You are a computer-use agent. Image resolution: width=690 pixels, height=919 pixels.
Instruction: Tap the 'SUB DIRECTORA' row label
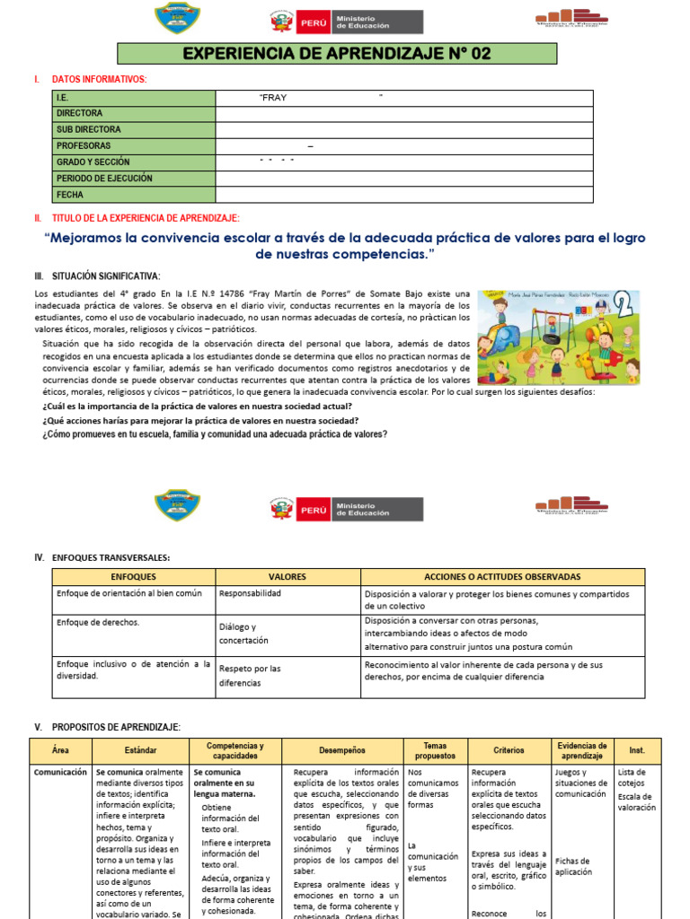[x=88, y=130]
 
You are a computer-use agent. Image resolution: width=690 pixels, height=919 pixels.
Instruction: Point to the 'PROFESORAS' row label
[x=84, y=146]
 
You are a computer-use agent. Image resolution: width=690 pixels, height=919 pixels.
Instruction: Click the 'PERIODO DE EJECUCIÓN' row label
[x=104, y=179]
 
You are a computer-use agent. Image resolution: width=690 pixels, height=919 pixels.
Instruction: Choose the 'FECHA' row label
[x=70, y=195]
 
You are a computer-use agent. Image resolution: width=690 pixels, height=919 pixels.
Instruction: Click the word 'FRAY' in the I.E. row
[x=273, y=98]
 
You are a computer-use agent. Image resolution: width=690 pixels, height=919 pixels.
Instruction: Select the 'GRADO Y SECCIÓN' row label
[x=93, y=162]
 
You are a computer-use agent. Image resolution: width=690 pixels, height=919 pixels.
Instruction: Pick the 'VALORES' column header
[x=287, y=577]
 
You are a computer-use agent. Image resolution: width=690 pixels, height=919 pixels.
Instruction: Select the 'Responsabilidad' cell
[x=251, y=594]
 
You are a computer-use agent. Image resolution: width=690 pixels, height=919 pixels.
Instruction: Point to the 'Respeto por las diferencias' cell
[x=250, y=676]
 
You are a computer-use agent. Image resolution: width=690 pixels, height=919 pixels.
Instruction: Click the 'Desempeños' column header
[x=342, y=750]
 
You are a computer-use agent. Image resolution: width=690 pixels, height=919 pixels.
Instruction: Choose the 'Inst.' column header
[x=637, y=750]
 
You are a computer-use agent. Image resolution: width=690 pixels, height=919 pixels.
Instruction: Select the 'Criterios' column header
[x=509, y=750]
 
